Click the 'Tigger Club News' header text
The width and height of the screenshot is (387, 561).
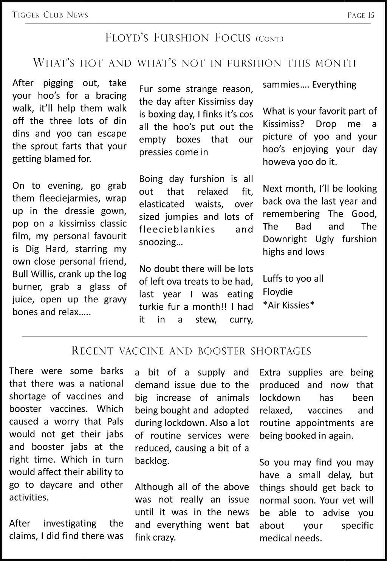(x=50, y=15)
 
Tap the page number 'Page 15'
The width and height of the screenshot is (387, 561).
(x=361, y=15)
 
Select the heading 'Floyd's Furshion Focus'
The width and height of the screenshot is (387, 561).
(x=178, y=38)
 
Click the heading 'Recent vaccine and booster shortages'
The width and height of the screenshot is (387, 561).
(x=191, y=351)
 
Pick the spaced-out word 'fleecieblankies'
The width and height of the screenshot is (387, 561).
(x=177, y=229)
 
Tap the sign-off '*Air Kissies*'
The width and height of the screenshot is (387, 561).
(x=289, y=305)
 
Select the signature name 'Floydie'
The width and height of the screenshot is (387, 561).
(x=278, y=292)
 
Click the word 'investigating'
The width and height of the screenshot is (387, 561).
(x=70, y=523)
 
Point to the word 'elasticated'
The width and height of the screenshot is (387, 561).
(x=159, y=204)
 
